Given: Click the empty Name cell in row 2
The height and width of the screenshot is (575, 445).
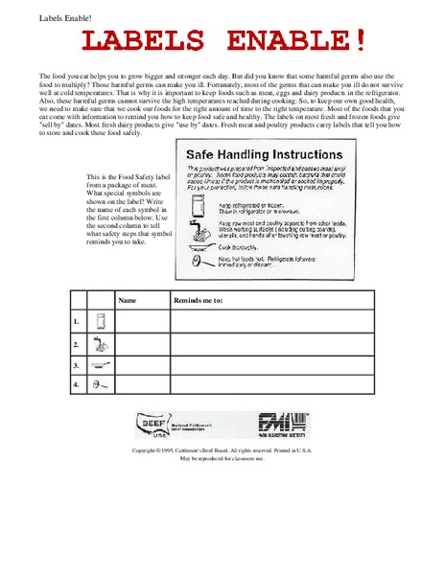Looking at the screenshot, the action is point(142,343).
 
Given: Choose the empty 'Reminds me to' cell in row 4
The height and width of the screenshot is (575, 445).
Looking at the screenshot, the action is point(268,384).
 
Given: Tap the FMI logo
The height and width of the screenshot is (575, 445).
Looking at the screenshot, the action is point(285,423).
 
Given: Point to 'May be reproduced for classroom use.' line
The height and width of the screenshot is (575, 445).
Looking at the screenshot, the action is point(222,458).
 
